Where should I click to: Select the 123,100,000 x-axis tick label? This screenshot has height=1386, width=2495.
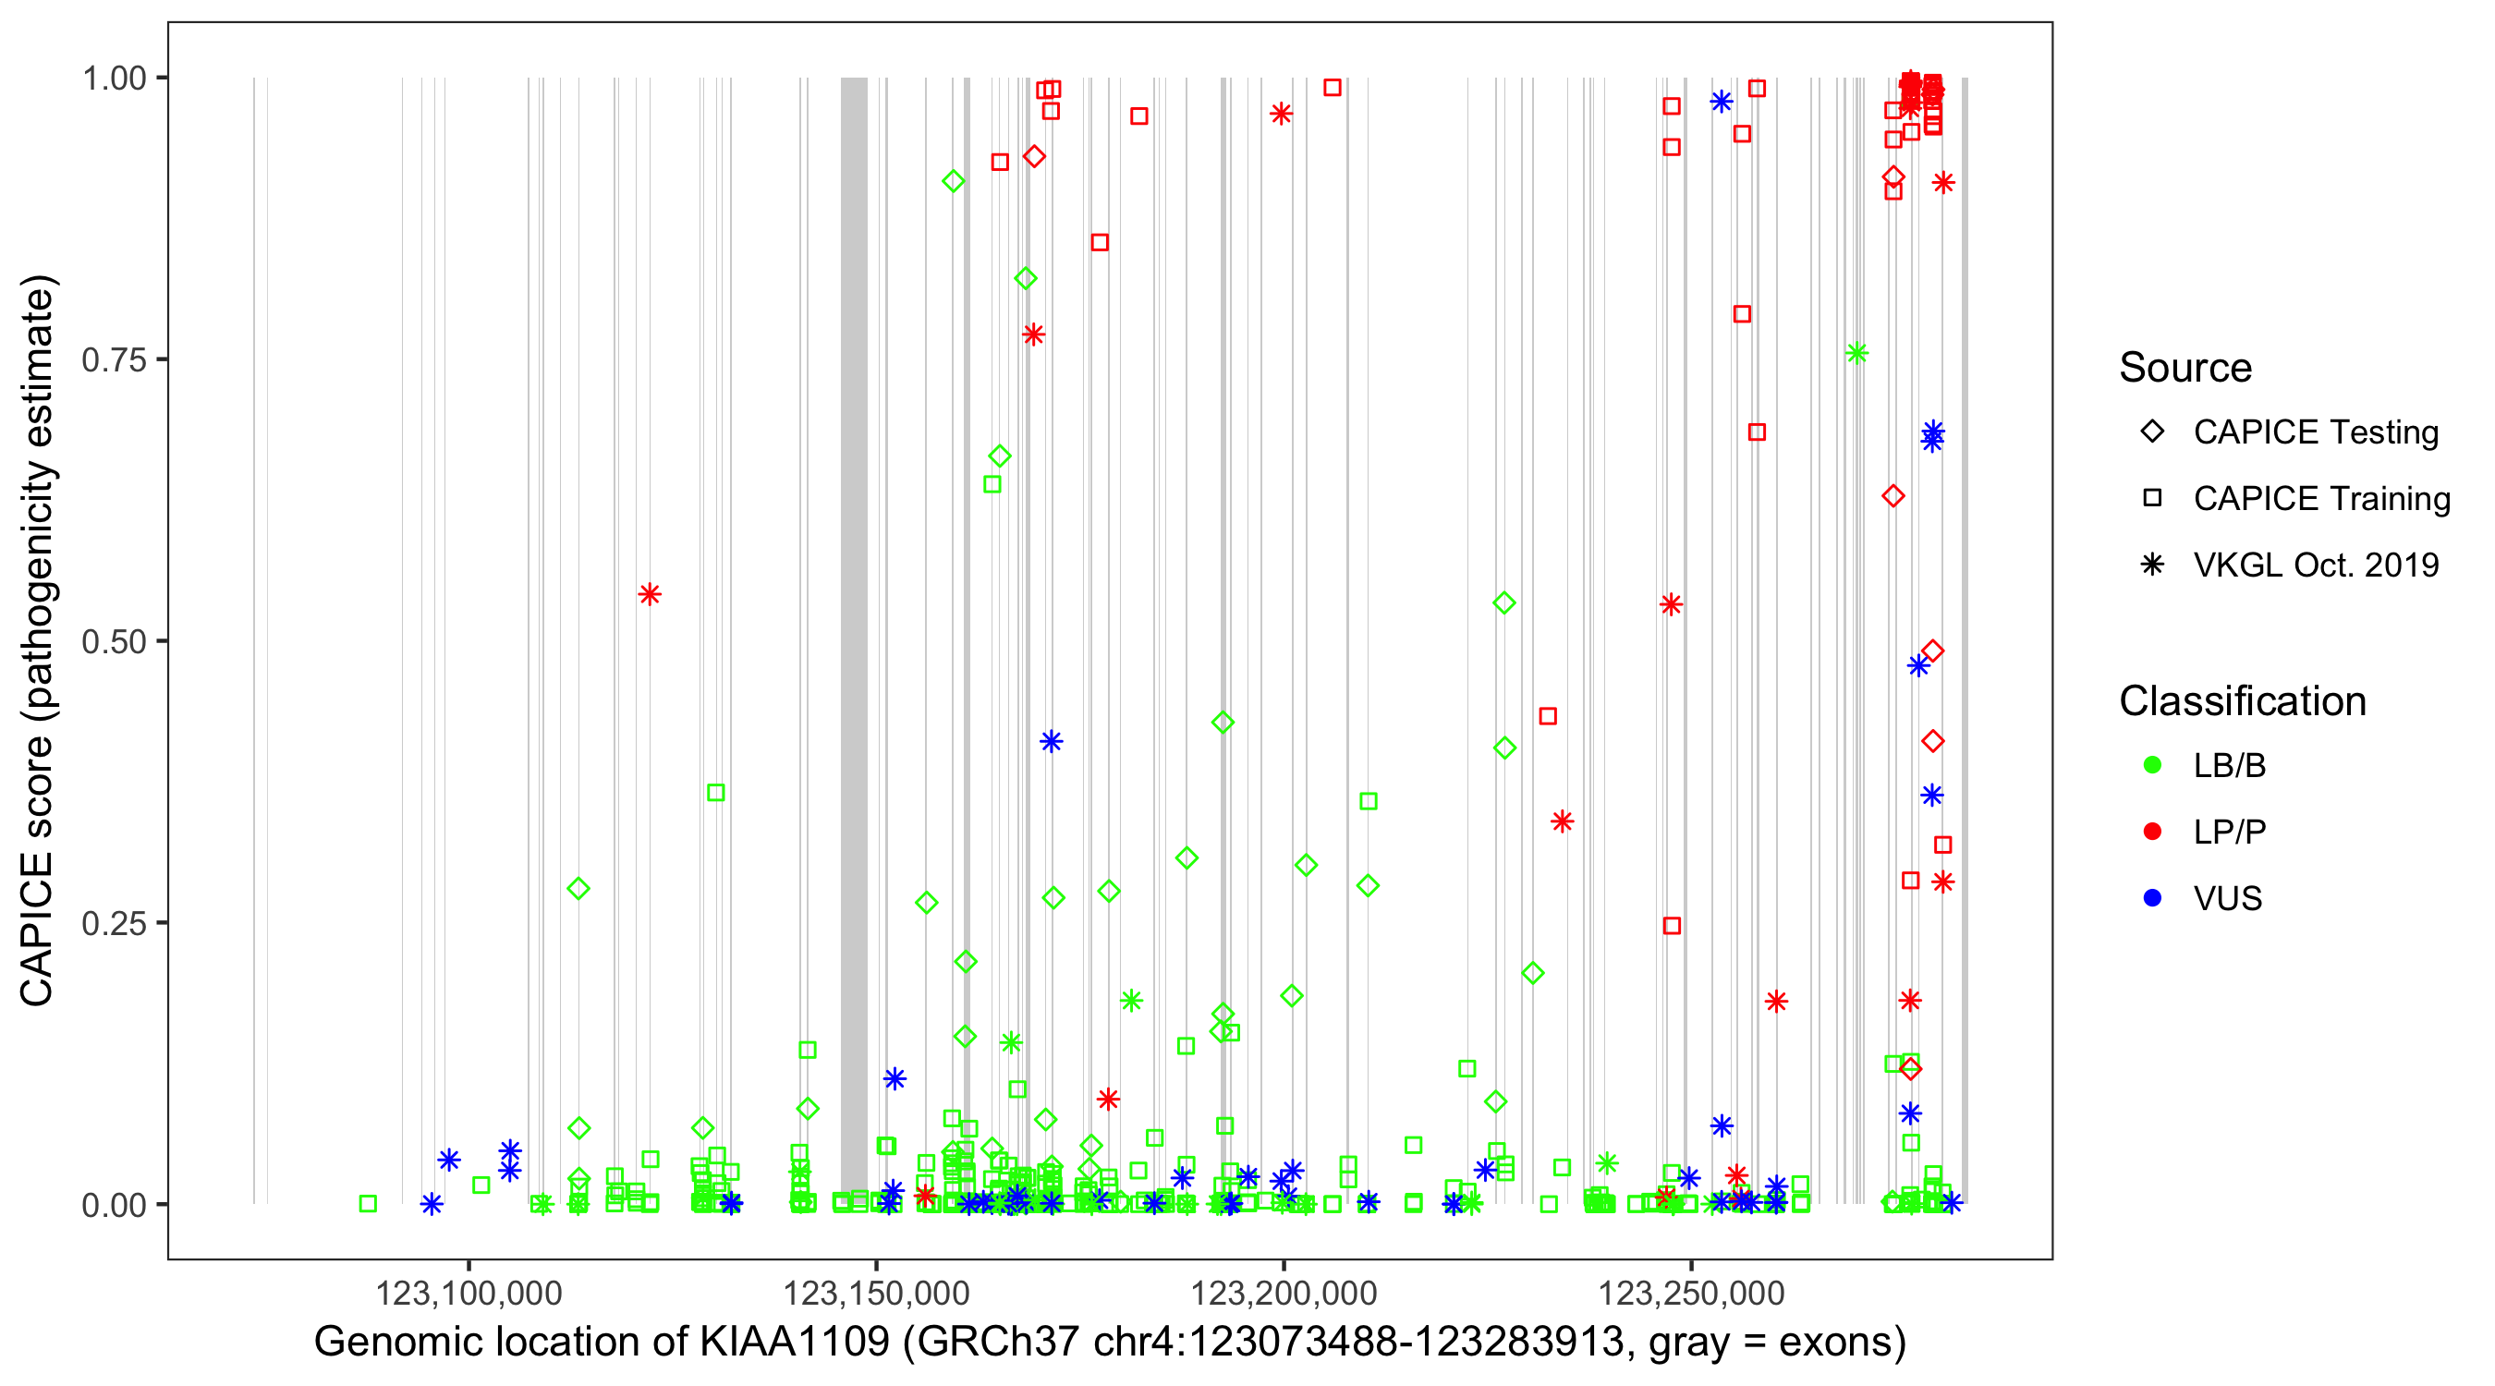pyautogui.click(x=469, y=1293)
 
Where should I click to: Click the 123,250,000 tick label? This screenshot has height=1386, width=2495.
pyautogui.click(x=1691, y=1293)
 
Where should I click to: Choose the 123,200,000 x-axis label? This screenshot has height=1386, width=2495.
pyautogui.click(x=1284, y=1293)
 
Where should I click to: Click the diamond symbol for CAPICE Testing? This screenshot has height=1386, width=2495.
pyautogui.click(x=2152, y=432)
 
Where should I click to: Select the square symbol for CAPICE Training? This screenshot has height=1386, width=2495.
pyautogui.click(x=2152, y=499)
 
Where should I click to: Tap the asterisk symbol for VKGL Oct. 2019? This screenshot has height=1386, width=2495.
pyautogui.click(x=2152, y=565)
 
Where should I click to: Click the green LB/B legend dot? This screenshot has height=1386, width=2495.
pyautogui.click(x=2152, y=765)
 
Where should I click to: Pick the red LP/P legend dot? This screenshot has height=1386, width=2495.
pyautogui.click(x=2152, y=832)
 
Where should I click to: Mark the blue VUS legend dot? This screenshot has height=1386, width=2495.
pyautogui.click(x=2152, y=899)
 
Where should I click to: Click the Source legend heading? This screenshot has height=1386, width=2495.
pyautogui.click(x=2185, y=368)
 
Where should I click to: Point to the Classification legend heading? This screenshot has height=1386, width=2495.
pyautogui.click(x=2242, y=701)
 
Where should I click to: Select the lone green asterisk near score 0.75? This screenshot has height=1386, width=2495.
pyautogui.click(x=1856, y=354)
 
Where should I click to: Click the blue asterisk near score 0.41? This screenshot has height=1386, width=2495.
pyautogui.click(x=1051, y=742)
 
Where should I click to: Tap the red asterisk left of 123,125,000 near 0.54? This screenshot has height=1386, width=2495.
pyautogui.click(x=650, y=595)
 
